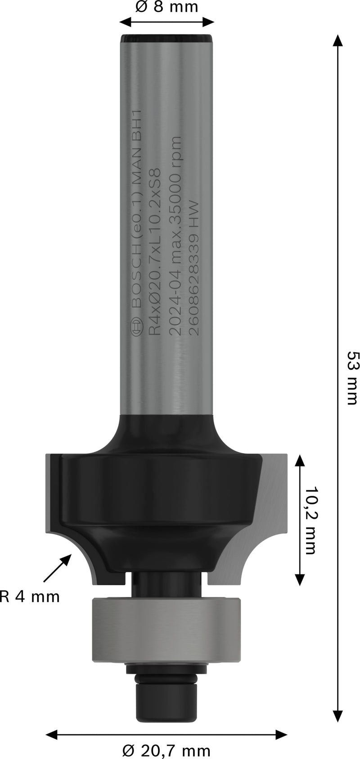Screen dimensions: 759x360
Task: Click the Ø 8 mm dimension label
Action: click(166, 8)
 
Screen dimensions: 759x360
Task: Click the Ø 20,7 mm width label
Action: click(166, 750)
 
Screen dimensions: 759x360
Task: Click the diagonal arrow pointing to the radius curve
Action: click(58, 568)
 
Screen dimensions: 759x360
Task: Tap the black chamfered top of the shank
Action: click(166, 37)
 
